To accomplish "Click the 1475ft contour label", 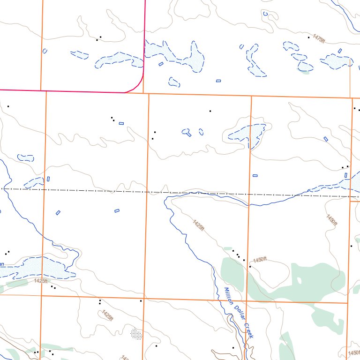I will coord(318,39).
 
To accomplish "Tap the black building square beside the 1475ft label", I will coord(308,37).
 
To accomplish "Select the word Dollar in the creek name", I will coord(238,314).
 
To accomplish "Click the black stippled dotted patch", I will coord(135,334).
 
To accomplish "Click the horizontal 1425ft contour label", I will coord(41,281).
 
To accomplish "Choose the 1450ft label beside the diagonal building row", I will coord(260,260).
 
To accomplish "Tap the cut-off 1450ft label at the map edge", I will coord(354,352).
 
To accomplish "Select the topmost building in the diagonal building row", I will coord(233,251).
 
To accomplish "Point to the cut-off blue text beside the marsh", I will coord(2,264).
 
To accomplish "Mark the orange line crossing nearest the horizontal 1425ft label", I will coord(42,295).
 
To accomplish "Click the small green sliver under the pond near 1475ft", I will coord(305,72).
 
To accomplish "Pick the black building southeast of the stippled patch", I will coord(156,346).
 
